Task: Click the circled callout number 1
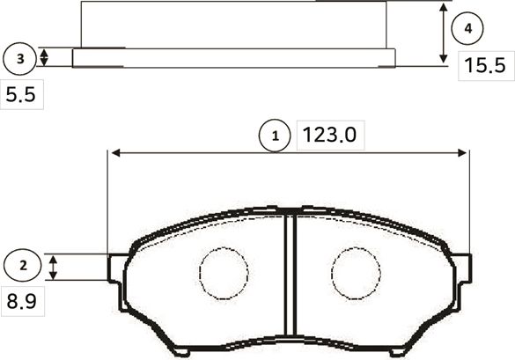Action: (276, 136)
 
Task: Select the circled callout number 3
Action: (20, 59)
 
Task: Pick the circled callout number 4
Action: (468, 29)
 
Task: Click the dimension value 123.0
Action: (330, 136)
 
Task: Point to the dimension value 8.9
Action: (21, 303)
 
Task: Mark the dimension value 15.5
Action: (484, 66)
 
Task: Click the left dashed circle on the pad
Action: (224, 273)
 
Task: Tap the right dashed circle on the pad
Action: (355, 273)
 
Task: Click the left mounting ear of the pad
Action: (117, 267)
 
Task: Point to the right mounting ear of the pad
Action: (461, 267)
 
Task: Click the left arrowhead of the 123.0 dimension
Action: (113, 152)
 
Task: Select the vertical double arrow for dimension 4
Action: (442, 33)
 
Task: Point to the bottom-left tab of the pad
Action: (180, 350)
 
